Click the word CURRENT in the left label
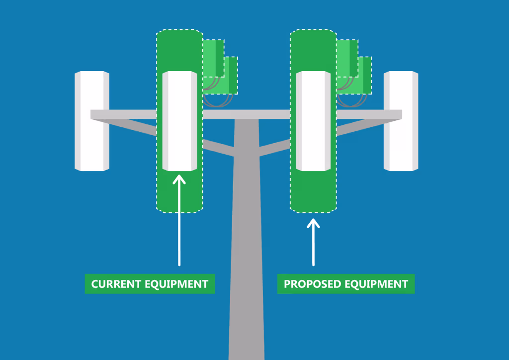coord(116,284)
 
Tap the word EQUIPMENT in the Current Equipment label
coord(176,284)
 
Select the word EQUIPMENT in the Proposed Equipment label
coord(376,284)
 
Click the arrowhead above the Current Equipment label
coord(179,180)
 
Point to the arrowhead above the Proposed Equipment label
coord(313,223)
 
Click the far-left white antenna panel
coord(92,121)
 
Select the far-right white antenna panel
coord(401,121)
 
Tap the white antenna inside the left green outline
coord(179,121)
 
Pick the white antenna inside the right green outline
coord(313,121)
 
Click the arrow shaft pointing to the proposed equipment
coord(313,244)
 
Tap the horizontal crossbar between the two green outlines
coord(247,114)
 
